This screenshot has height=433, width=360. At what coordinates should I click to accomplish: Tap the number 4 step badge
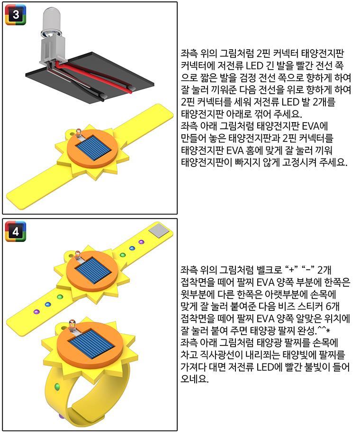pyautogui.click(x=16, y=231)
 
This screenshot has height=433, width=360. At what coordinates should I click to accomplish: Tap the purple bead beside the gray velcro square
pyautogui.click(x=141, y=242)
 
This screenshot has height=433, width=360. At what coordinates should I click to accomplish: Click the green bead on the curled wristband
pyautogui.click(x=57, y=387)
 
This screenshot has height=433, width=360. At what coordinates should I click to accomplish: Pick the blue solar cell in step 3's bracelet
pyautogui.click(x=93, y=150)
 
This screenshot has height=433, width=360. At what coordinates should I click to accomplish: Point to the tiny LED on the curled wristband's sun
pyautogui.click(x=72, y=325)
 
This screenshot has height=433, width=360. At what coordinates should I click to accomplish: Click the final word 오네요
pyautogui.click(x=194, y=379)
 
